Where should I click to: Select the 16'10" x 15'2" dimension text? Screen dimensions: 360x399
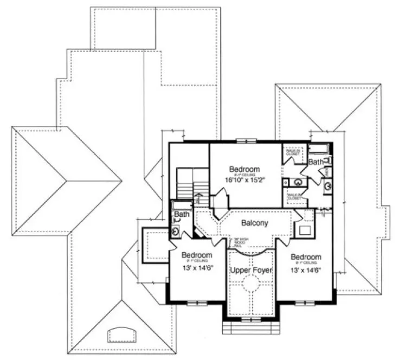click(x=244, y=181)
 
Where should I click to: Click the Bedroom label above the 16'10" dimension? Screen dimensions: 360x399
click(x=244, y=168)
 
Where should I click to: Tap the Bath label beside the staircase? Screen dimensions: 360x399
click(x=182, y=215)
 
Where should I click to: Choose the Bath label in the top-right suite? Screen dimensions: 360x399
click(x=316, y=162)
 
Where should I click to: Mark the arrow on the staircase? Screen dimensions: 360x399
click(x=198, y=198)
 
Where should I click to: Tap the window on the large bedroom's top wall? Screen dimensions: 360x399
click(x=246, y=142)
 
